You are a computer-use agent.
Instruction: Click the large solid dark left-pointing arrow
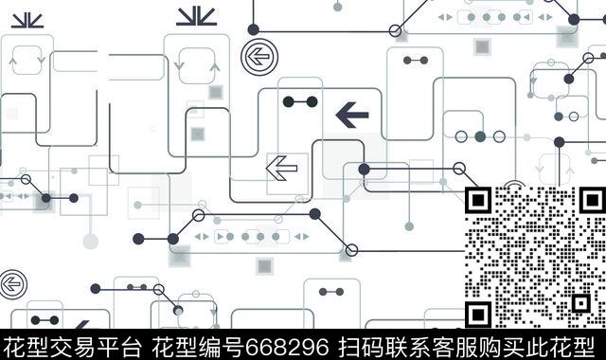[x=351, y=116]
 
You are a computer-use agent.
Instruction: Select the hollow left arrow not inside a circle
[x=281, y=169]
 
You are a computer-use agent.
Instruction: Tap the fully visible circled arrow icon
[x=256, y=56]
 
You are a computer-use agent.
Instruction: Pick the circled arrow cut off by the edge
[x=9, y=281]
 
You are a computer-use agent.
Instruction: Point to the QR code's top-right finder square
[x=587, y=201]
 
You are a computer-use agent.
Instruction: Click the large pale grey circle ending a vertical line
[x=91, y=241]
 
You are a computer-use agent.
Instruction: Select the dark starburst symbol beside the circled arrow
[x=195, y=16]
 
